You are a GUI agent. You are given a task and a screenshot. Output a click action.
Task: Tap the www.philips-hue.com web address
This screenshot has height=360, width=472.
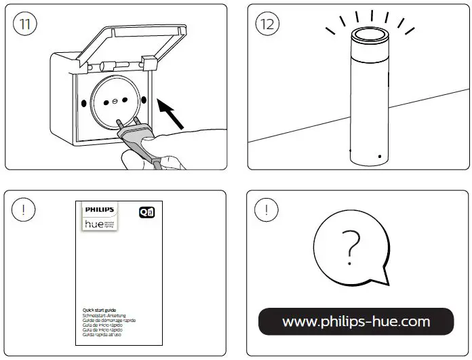tap(356, 321)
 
